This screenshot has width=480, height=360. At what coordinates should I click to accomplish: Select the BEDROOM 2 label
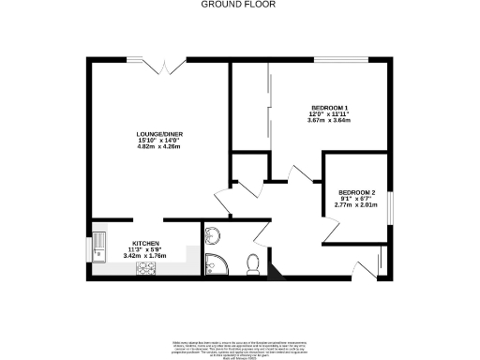tap(355, 191)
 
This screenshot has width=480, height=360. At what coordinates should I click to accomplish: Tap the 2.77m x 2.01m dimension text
tap(355, 204)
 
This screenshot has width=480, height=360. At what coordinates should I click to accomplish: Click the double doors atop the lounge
tap(162, 66)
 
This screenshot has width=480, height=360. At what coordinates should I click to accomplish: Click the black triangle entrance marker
tap(274, 274)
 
